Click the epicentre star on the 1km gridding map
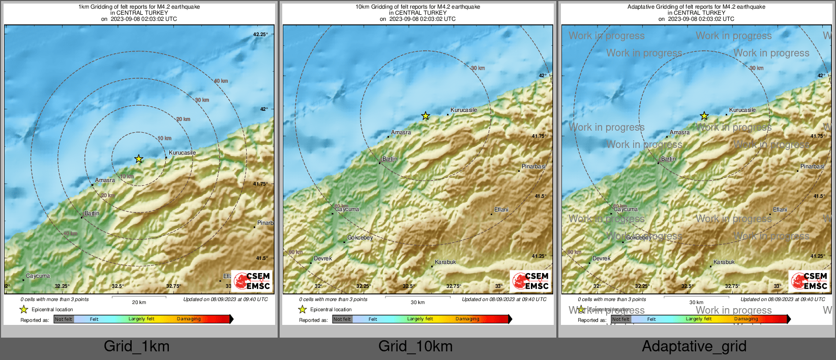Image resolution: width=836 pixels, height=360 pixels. click(139, 159)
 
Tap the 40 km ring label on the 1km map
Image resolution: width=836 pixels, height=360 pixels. click(221, 81)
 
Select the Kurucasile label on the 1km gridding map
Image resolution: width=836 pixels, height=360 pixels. click(182, 153)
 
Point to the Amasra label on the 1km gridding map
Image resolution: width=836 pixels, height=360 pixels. click(105, 181)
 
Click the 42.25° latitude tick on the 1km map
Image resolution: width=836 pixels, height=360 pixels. click(260, 35)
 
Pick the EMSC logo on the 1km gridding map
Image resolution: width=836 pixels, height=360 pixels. click(252, 281)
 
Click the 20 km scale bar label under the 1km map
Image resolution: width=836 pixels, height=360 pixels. click(139, 303)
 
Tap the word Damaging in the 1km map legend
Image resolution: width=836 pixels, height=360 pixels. click(189, 319)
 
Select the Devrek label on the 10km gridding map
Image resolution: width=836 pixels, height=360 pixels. click(323, 258)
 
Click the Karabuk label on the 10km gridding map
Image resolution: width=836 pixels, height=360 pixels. click(445, 262)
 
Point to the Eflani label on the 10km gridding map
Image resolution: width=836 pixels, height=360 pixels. click(501, 209)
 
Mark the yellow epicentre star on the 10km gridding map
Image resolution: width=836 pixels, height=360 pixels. click(426, 116)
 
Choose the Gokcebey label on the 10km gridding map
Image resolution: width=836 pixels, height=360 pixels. click(360, 237)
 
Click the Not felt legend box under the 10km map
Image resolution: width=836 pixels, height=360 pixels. click(342, 319)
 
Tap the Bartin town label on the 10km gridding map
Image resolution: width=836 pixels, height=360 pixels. click(390, 159)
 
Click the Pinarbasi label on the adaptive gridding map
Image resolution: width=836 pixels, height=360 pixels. click(812, 166)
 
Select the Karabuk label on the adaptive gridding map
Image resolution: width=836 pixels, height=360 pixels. click(724, 262)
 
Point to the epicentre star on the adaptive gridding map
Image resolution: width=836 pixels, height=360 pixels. click(704, 116)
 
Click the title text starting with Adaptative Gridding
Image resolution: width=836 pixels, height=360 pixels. click(696, 7)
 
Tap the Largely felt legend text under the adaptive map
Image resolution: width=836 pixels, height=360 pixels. click(699, 319)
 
